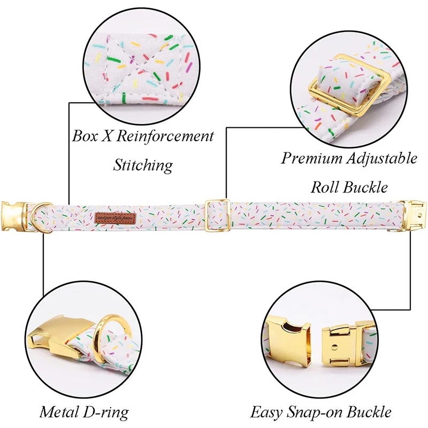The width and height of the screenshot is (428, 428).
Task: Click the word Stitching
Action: pos(143,164)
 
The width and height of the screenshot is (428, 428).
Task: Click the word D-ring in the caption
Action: pos(106,412)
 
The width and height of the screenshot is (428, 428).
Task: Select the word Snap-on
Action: pos(312,412)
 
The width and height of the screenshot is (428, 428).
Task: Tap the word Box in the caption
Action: pos(86,136)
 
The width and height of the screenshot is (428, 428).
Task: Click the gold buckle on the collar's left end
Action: pos(15,213)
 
